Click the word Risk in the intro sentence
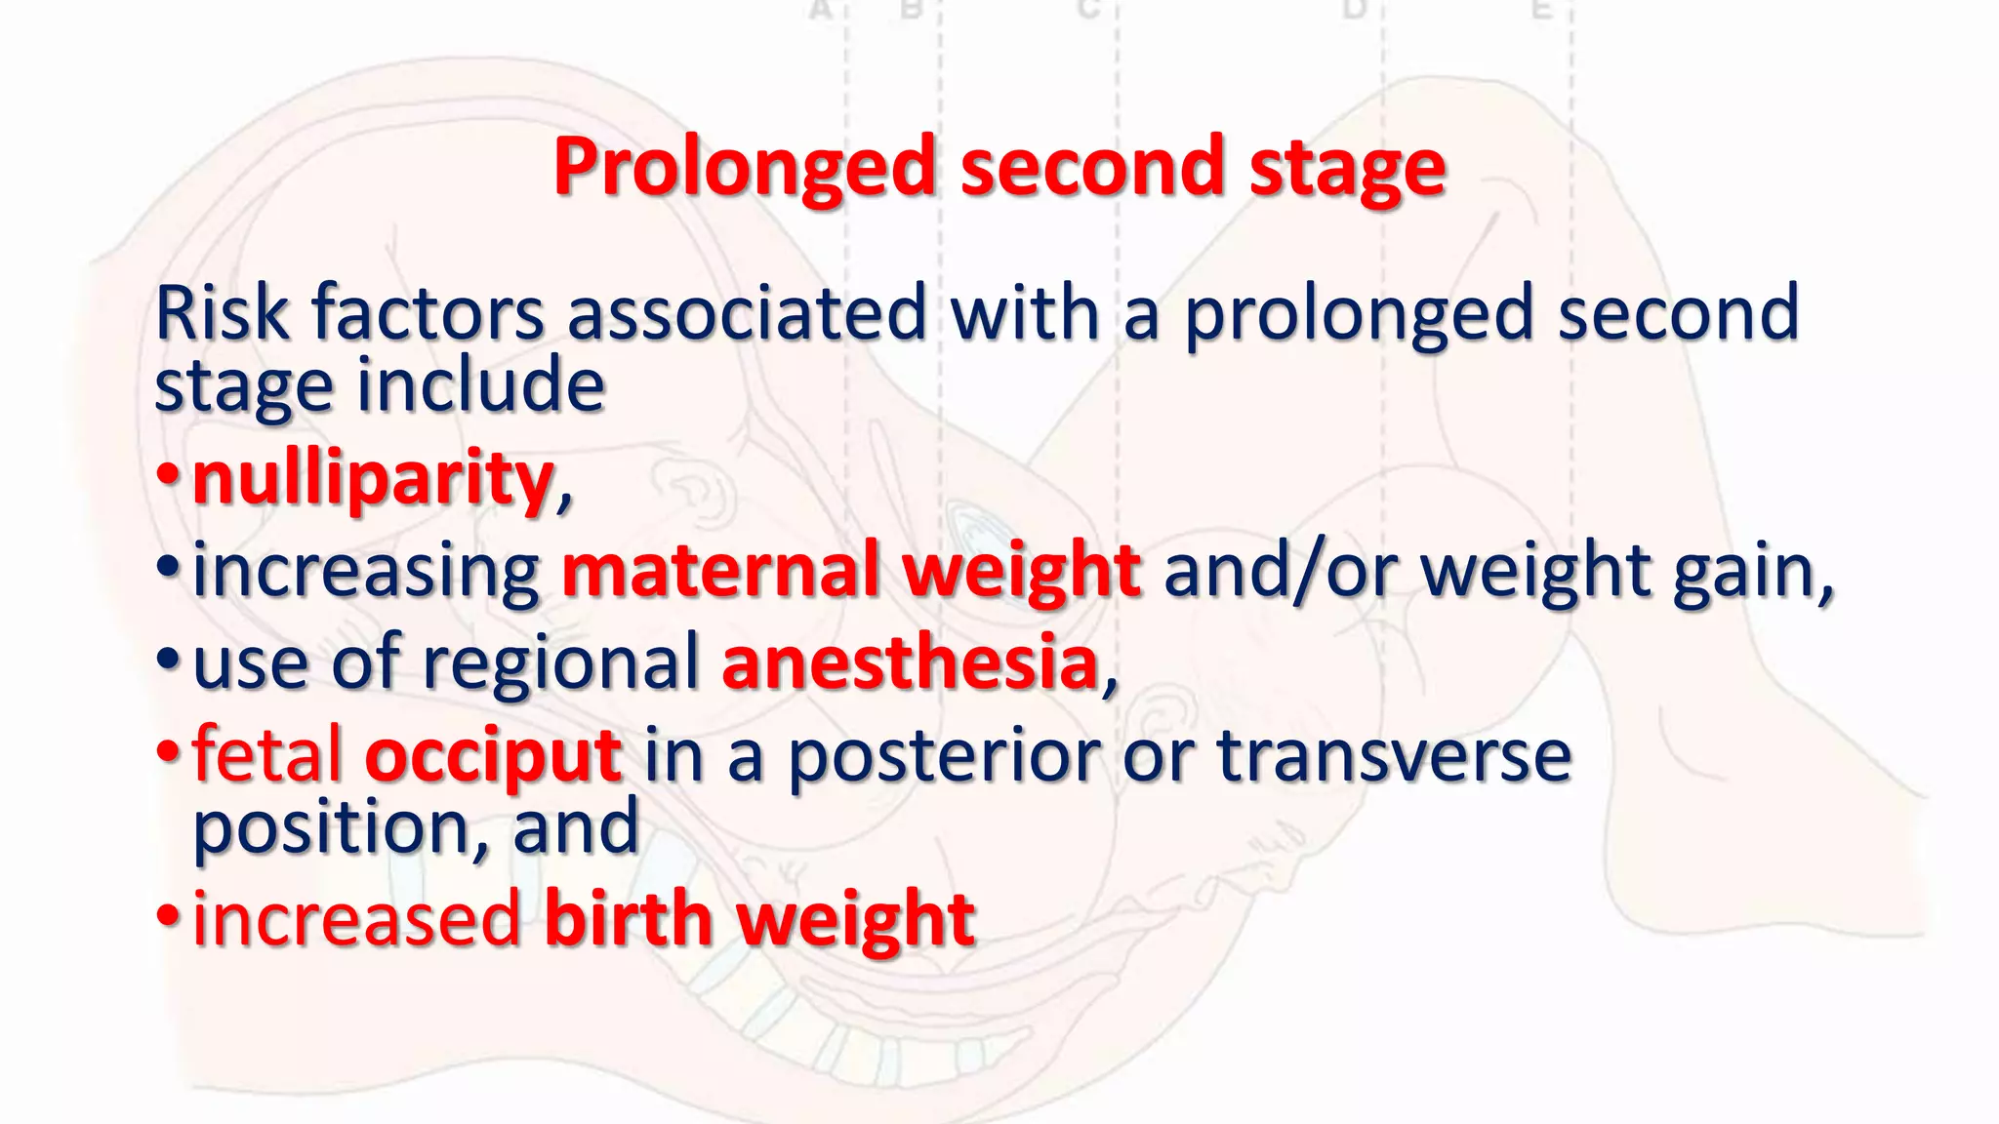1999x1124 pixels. [222, 313]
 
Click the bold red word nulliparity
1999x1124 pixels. [373, 478]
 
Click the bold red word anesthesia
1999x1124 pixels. [910, 662]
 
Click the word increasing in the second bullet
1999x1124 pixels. [366, 572]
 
